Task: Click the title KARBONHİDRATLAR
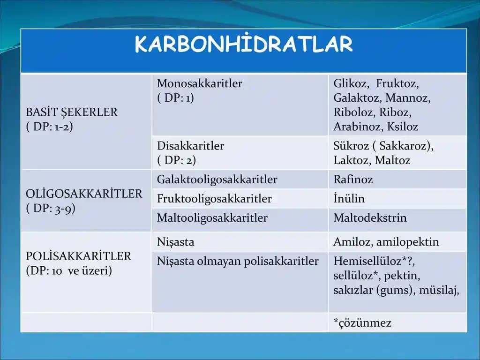[x=243, y=45]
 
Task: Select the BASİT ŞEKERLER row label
[x=72, y=112]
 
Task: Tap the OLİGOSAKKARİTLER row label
[x=84, y=194]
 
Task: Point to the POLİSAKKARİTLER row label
[x=79, y=256]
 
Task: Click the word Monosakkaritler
[x=200, y=84]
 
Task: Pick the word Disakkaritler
[x=190, y=146]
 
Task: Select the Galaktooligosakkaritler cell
[x=217, y=180]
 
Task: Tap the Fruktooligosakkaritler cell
[x=214, y=199]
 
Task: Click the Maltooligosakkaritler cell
[x=212, y=218]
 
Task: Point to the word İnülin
[x=349, y=199]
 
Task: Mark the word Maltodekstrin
[x=370, y=218]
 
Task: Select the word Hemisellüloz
[x=367, y=261]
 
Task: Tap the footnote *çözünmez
[x=362, y=323]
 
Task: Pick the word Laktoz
[x=352, y=160]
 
